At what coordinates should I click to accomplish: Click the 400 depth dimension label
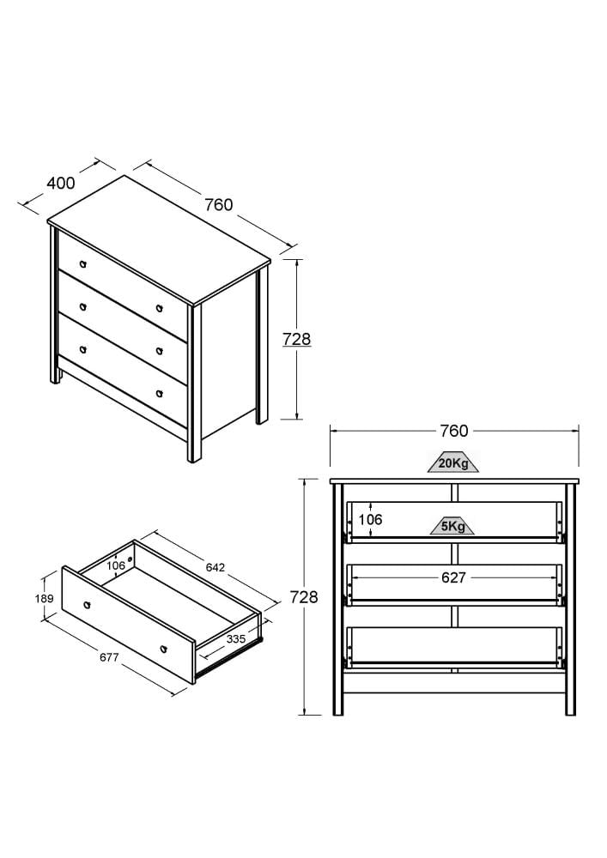[61, 183]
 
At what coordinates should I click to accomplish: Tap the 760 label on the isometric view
[219, 205]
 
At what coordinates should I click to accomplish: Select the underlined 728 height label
[297, 339]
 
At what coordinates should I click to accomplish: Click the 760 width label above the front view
[454, 432]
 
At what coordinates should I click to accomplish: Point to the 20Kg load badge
[453, 463]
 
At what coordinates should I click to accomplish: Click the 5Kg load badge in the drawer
[452, 527]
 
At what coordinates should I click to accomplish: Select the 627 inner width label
[453, 577]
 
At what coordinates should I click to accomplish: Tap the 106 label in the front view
[371, 519]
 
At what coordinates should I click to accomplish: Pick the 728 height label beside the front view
[304, 597]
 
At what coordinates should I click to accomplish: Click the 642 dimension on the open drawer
[215, 568]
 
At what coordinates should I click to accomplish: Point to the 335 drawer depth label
[236, 639]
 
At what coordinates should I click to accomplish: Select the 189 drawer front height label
[45, 599]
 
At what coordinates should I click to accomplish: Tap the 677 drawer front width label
[109, 657]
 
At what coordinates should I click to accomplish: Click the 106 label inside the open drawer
[116, 565]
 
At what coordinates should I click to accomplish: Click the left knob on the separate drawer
[87, 605]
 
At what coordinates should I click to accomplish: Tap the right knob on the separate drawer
[163, 650]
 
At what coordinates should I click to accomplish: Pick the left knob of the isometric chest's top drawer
[82, 264]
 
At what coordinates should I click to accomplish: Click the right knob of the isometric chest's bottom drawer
[160, 394]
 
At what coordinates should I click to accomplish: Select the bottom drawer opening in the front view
[454, 646]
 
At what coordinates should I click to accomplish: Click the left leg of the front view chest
[337, 600]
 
